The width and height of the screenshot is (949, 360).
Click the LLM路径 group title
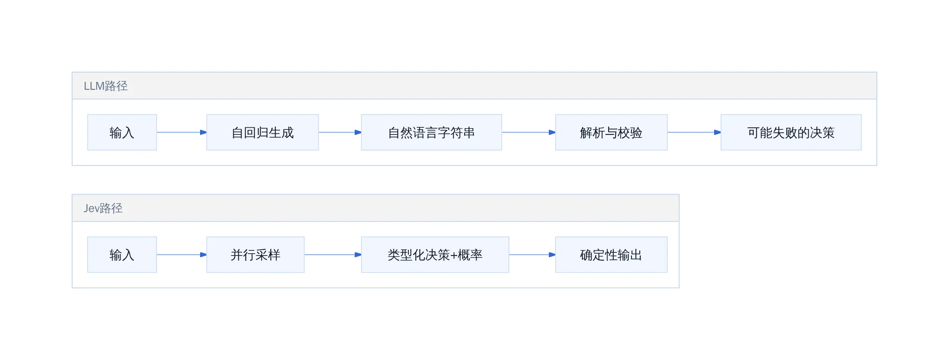[106, 86]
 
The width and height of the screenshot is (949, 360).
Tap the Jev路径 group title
[103, 208]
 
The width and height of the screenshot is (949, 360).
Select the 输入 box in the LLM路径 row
[122, 133]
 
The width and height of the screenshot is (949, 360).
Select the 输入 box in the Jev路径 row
[122, 255]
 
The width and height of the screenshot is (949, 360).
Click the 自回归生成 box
[263, 133]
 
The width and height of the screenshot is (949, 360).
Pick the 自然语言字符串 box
[431, 133]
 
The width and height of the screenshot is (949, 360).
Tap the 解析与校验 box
[611, 133]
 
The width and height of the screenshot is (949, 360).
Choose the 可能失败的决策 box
[791, 133]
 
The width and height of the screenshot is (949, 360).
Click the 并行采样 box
[255, 255]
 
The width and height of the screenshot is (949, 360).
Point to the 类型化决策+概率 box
[435, 255]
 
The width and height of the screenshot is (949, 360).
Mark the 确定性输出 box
[611, 255]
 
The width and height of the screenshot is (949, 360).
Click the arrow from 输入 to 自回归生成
[182, 133]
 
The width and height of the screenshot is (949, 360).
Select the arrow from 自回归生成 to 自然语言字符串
[340, 133]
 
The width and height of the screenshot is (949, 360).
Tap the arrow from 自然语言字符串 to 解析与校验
[529, 133]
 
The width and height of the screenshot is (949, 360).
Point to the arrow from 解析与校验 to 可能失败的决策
[694, 133]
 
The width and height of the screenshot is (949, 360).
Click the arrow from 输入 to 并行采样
[182, 255]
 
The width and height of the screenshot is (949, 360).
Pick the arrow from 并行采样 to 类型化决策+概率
[333, 255]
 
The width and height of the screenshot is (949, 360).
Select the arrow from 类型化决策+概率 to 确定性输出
[532, 255]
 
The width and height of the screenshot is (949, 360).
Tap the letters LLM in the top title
[94, 86]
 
